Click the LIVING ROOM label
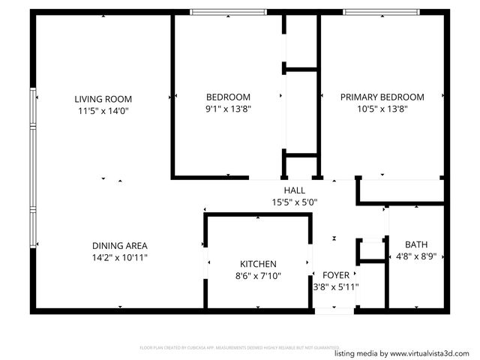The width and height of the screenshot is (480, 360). coord(103,98)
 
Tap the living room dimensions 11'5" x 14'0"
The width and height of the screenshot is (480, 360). coord(103,110)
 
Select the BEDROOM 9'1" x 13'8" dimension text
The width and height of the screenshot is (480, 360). coord(228,109)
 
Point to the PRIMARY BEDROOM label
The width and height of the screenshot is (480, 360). coord(382,97)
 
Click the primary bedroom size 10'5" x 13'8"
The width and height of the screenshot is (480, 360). coord(382,109)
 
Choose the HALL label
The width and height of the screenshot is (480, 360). coord(294,190)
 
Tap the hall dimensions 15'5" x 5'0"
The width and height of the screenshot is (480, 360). coord(295,202)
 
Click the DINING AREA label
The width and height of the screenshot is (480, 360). coord(119,245)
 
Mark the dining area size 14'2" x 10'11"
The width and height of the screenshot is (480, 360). coord(119,257)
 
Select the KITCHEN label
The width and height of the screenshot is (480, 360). coord(258,264)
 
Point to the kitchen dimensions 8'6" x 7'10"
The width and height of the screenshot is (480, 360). coord(258,276)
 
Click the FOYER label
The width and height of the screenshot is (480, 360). coord(335,275)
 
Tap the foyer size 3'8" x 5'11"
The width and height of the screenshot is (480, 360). coord(335,287)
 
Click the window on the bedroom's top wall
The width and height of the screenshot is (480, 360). coord(228,12)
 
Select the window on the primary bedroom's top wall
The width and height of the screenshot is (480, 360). coord(381,12)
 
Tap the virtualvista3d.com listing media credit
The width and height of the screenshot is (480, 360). coord(403,353)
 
